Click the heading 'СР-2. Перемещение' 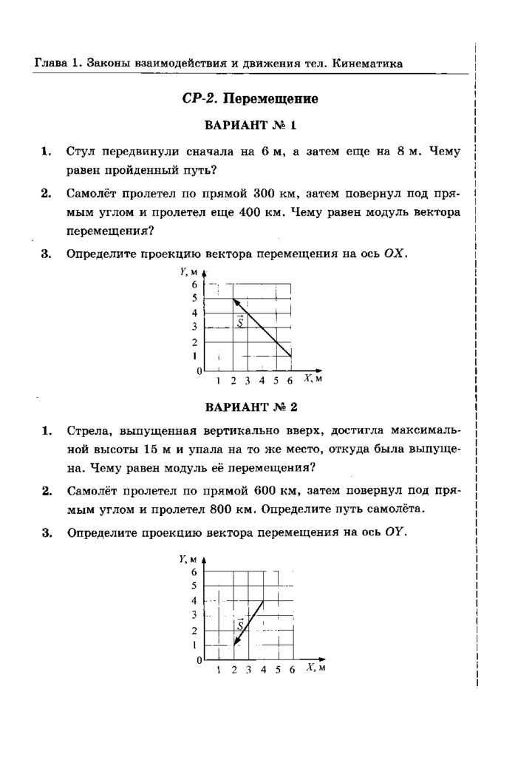click(249, 98)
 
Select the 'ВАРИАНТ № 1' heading click(250, 125)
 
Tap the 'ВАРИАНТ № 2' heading click(250, 407)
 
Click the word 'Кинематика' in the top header click(367, 64)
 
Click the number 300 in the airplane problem click(265, 194)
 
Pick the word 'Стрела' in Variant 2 click(87, 430)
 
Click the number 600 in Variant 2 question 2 click(265, 490)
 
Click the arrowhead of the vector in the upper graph click(235, 299)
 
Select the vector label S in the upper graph click(240, 321)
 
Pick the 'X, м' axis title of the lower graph click(316, 668)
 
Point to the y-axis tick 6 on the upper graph click(196, 285)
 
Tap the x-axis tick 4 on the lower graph click(263, 670)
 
